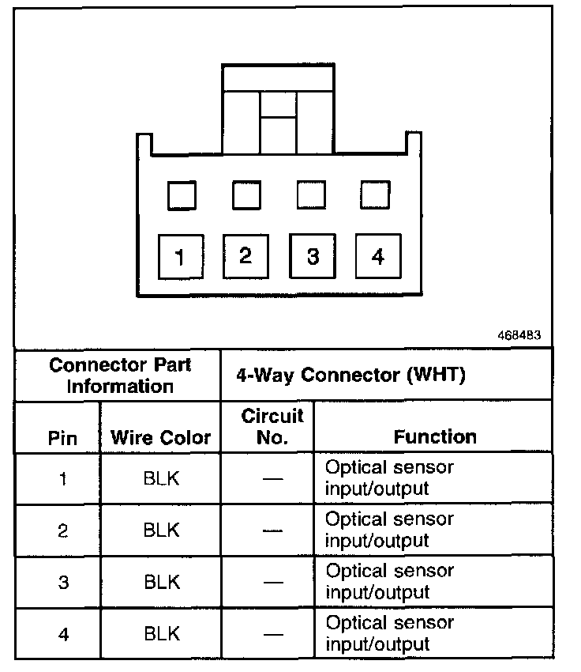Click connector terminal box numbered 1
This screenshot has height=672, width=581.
pyautogui.click(x=180, y=257)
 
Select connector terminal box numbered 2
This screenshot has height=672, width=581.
pyautogui.click(x=246, y=255)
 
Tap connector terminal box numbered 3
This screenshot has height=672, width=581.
pyautogui.click(x=313, y=256)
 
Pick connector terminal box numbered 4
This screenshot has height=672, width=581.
pyautogui.click(x=378, y=255)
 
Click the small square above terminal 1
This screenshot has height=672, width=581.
pyautogui.click(x=182, y=195)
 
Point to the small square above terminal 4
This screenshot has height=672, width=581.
pyautogui.click(x=375, y=195)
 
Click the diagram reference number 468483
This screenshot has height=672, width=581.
pyautogui.click(x=519, y=334)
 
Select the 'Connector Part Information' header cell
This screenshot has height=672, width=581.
pyautogui.click(x=120, y=376)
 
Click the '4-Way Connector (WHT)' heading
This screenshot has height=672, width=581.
pyautogui.click(x=350, y=375)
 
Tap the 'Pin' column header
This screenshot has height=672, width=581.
pyautogui.click(x=63, y=438)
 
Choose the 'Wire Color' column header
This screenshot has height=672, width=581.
pyautogui.click(x=161, y=437)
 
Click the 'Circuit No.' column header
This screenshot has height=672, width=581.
pyautogui.click(x=272, y=426)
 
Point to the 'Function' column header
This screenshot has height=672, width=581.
pyautogui.click(x=435, y=436)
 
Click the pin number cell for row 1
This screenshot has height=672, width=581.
pyautogui.click(x=63, y=479)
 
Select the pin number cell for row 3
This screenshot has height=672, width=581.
pyautogui.click(x=63, y=583)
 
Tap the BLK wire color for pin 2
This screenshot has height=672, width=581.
pyautogui.click(x=161, y=530)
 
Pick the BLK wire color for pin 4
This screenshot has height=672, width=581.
pyautogui.click(x=161, y=633)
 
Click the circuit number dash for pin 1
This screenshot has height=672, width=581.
pyautogui.click(x=272, y=479)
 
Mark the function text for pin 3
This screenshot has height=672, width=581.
pyautogui.click(x=390, y=581)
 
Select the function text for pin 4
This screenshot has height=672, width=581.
pyautogui.click(x=390, y=632)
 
